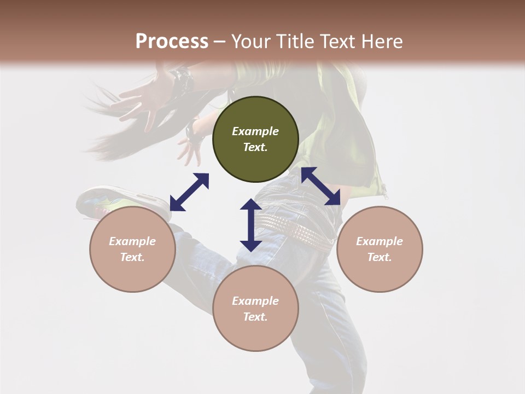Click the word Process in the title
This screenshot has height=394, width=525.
click(x=172, y=42)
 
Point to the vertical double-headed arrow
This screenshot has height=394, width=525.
click(x=251, y=225)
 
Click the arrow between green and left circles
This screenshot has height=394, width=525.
click(x=189, y=192)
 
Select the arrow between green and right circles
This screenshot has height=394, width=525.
click(x=320, y=186)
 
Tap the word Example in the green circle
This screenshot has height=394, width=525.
click(x=255, y=131)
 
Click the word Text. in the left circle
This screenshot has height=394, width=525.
click(x=132, y=257)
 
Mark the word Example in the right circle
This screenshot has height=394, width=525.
click(x=380, y=241)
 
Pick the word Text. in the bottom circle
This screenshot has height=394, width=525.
click(x=255, y=317)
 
